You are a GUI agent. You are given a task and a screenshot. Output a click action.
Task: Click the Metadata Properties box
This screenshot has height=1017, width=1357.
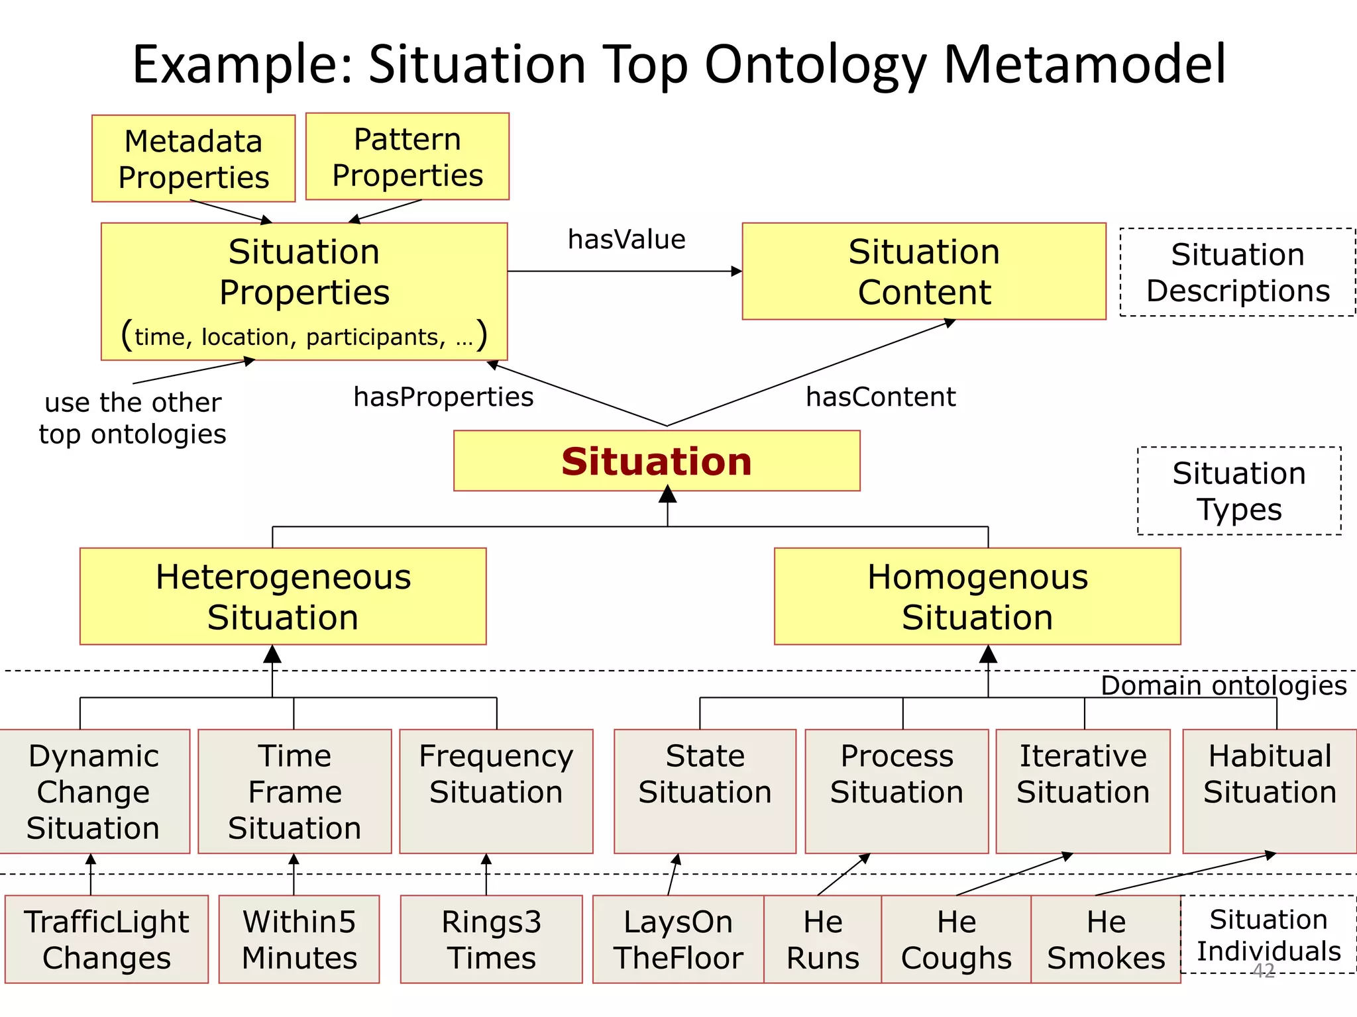click(193, 159)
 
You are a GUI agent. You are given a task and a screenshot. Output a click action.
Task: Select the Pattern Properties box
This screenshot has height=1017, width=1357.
click(407, 157)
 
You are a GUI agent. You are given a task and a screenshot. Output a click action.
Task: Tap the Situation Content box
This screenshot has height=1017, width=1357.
click(924, 271)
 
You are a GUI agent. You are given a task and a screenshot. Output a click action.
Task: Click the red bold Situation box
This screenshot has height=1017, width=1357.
click(657, 461)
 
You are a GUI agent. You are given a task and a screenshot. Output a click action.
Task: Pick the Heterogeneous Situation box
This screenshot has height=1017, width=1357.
click(283, 597)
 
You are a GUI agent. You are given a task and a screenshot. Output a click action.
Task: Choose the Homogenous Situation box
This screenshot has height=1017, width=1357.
click(977, 597)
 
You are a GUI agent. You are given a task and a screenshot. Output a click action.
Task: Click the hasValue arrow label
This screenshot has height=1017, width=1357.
click(626, 240)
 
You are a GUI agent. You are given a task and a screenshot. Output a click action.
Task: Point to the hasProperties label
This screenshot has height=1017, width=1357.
click(443, 397)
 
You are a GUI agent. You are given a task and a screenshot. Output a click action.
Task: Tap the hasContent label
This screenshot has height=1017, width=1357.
click(881, 397)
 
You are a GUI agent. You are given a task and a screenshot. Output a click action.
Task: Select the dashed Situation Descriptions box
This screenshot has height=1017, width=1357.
click(1237, 272)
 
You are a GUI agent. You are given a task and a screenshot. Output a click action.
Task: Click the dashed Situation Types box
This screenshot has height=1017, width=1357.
click(1239, 491)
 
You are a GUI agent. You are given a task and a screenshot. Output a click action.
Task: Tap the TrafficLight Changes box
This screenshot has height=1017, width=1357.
click(107, 940)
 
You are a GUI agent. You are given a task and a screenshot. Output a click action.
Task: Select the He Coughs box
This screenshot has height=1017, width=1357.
click(956, 940)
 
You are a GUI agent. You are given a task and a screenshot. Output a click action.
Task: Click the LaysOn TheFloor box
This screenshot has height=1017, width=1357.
click(678, 940)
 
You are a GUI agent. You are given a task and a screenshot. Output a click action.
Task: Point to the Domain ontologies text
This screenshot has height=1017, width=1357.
click(1223, 685)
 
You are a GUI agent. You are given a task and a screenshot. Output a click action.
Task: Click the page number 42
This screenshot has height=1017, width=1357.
click(1264, 971)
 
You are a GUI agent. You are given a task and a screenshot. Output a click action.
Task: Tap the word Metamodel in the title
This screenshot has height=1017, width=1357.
click(1084, 64)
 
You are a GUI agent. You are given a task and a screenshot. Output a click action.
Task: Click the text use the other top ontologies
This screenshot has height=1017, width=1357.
click(133, 418)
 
